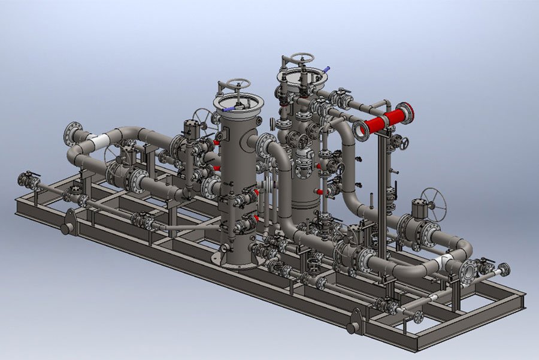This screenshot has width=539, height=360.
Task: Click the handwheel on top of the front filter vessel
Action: point(238,84)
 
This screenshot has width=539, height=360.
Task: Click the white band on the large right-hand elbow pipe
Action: point(446,262)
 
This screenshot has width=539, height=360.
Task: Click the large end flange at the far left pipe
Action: point(73,133)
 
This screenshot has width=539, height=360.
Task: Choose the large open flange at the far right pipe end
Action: point(468,271)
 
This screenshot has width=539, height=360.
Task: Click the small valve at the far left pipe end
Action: point(28,179)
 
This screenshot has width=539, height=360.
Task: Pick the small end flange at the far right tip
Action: point(504,270)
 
